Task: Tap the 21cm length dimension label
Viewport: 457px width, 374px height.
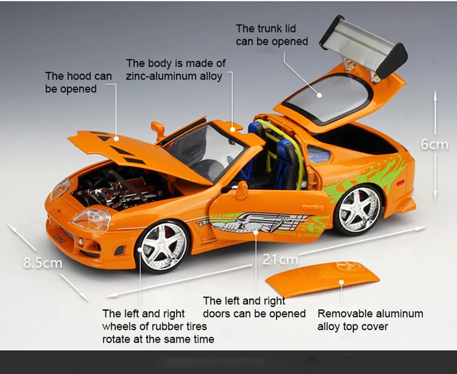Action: pos(280,260)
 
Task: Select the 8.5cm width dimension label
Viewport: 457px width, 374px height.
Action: pos(42,263)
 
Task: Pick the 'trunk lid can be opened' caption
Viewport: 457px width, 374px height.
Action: pos(271,35)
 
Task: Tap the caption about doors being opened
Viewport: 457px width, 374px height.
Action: pos(254,307)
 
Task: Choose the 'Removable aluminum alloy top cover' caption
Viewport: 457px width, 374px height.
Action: pos(370,320)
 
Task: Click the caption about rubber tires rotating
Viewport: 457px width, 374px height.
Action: pos(154,326)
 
